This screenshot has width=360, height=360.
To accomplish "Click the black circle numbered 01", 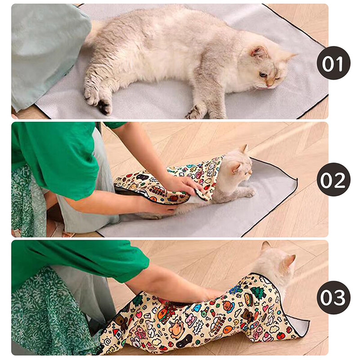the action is pos(333,63).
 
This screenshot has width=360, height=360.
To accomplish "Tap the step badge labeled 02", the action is pos(333,179).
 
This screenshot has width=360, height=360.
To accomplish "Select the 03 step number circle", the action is pos(333,297).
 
